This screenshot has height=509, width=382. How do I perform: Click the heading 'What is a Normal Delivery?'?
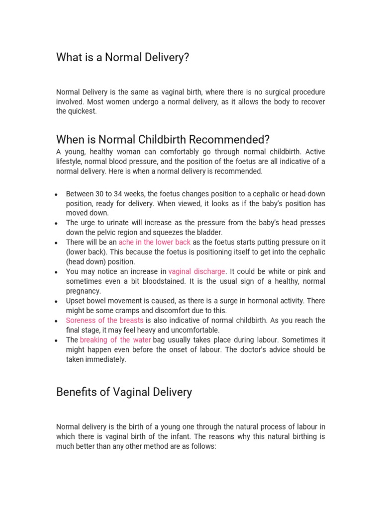[x=123, y=58]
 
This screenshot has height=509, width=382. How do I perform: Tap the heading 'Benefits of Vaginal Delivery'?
[x=124, y=392]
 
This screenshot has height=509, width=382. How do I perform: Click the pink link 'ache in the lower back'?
[x=155, y=242]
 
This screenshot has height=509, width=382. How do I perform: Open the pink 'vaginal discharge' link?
[x=196, y=271]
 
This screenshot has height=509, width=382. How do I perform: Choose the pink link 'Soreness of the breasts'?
[x=104, y=320]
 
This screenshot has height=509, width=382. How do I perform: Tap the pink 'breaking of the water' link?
[x=115, y=340]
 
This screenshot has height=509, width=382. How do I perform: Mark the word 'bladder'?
[x=210, y=232]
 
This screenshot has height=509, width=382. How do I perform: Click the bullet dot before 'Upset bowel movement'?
[x=58, y=302]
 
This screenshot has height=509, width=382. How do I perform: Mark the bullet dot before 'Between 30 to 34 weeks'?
[x=58, y=194]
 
